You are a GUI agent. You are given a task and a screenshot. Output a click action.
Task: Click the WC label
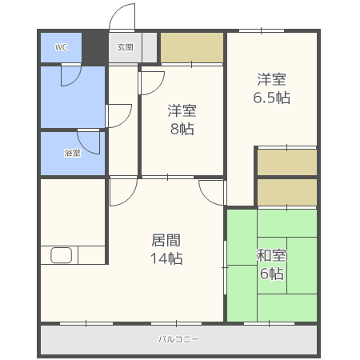coord(61,47)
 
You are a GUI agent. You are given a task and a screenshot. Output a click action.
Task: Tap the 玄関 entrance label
coord(125,47)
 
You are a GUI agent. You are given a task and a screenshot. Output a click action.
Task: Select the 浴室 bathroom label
coord(72,153)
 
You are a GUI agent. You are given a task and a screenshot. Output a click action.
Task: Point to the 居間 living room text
coord(166,240)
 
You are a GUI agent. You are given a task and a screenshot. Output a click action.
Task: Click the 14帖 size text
coord(166,258)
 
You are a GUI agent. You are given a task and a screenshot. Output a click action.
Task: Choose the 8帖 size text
coord(182,129)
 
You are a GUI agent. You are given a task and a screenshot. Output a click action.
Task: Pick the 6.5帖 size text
coord(271,98)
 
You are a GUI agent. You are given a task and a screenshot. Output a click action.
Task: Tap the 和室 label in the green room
coord(271,255)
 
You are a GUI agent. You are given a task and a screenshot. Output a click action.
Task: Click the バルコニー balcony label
coord(178,339)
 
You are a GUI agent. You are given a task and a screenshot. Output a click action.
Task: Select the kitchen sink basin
coord(61,255)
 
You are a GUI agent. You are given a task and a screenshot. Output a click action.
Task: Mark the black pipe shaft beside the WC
coord(94,47)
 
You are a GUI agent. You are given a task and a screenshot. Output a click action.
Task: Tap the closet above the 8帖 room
coord(192,47)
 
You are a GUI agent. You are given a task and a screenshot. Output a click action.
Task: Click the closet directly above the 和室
coord(287,192)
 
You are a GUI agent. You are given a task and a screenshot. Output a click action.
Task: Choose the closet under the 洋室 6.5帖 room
coord(287,162)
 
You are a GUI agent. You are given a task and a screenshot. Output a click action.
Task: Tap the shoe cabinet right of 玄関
coord(150,47)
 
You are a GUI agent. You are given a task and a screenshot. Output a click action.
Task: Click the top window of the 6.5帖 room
coord(262,31)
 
